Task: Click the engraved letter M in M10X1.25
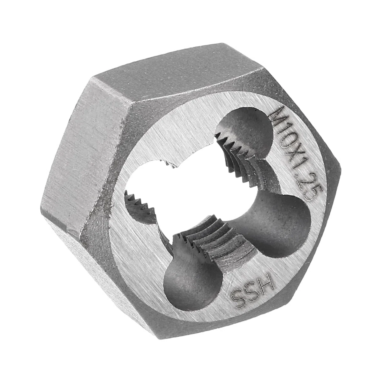[277, 113]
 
